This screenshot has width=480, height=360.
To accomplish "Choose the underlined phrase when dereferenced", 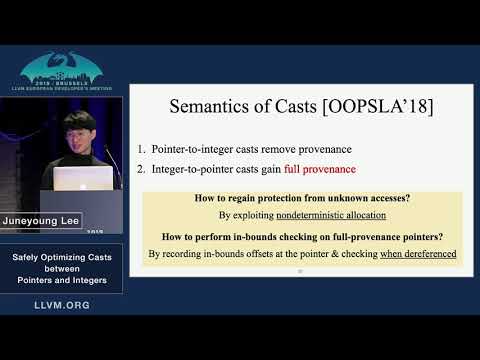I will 418,254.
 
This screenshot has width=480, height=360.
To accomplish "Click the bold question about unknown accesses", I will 302,198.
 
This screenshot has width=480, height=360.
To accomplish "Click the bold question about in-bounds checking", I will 302,237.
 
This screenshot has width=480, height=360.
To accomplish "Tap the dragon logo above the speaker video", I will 62,70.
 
